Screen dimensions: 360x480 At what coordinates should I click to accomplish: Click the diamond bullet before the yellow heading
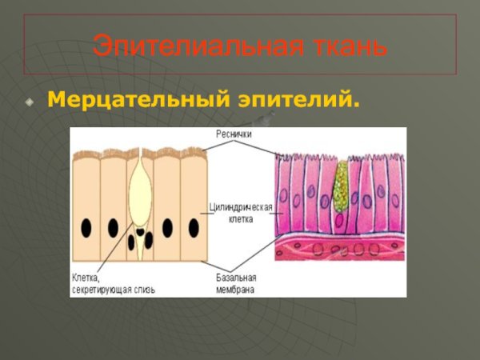pos(30,102)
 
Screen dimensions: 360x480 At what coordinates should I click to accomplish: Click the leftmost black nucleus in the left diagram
pos(86,227)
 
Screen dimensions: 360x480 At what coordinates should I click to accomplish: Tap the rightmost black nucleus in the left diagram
pos(194,227)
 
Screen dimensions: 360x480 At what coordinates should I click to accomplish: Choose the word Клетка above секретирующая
pos(86,278)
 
